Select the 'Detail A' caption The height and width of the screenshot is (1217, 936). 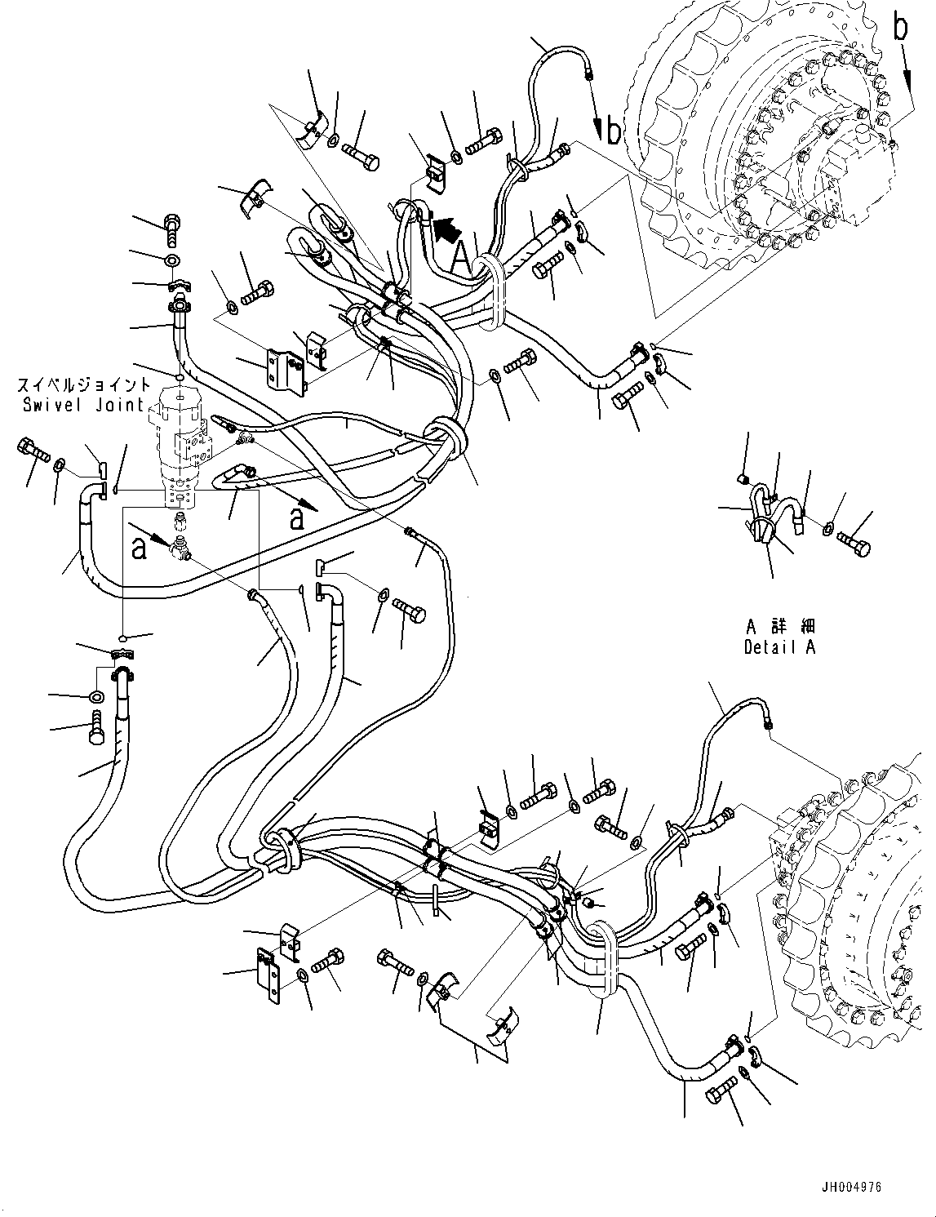point(779,647)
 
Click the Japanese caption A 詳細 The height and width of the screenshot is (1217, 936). point(779,627)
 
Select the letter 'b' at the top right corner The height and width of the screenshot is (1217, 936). point(900,28)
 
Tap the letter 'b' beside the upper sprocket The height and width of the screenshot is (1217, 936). point(614,131)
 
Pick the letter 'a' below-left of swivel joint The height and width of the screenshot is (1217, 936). point(140,548)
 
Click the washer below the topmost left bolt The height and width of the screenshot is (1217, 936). point(171,260)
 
